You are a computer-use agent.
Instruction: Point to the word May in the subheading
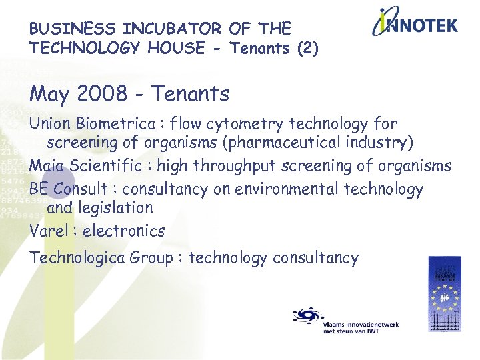(49, 95)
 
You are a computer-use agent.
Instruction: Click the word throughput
(232, 166)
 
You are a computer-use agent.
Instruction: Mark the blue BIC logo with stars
(444, 294)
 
